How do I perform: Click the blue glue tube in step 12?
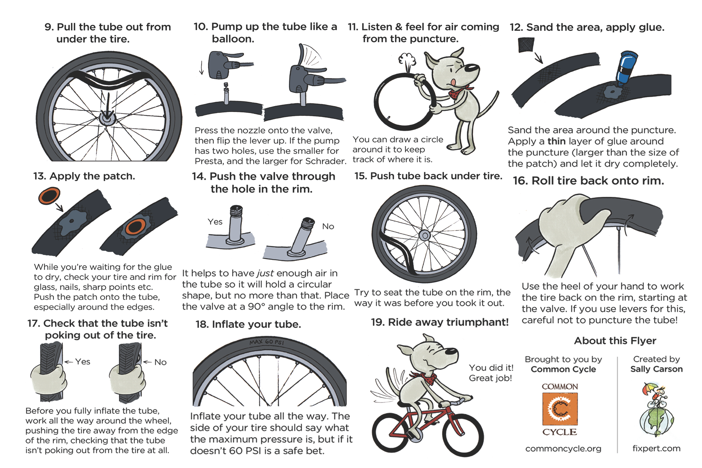click(x=626, y=68)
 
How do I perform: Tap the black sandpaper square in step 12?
click(x=526, y=45)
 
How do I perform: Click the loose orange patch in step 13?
click(x=49, y=196)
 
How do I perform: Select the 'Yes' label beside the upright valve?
click(x=215, y=222)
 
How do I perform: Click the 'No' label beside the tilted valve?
click(x=328, y=226)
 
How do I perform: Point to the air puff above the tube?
click(x=407, y=60)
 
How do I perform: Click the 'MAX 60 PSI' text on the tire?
click(x=267, y=342)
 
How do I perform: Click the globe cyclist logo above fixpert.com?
click(x=657, y=409)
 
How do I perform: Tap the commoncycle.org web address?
click(x=563, y=448)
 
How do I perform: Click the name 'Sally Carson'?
click(x=656, y=369)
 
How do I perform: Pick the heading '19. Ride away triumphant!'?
click(x=440, y=322)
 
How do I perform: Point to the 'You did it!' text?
click(x=491, y=368)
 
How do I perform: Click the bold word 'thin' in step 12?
click(x=557, y=141)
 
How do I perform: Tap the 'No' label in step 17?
click(x=160, y=362)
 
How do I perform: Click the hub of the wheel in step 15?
click(x=425, y=235)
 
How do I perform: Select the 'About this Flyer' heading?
click(x=615, y=340)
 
